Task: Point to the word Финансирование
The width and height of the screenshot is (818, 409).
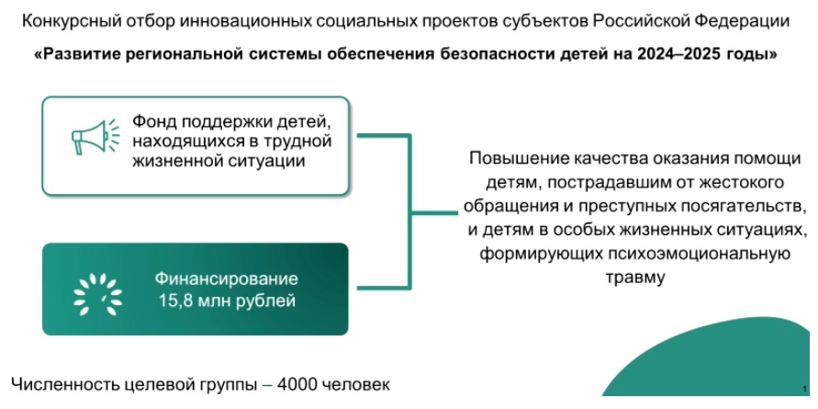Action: pyautogui.click(x=226, y=278)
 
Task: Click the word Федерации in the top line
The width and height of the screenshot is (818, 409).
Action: pyautogui.click(x=753, y=19)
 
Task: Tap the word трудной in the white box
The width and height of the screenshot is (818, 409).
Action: pyautogui.click(x=297, y=142)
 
